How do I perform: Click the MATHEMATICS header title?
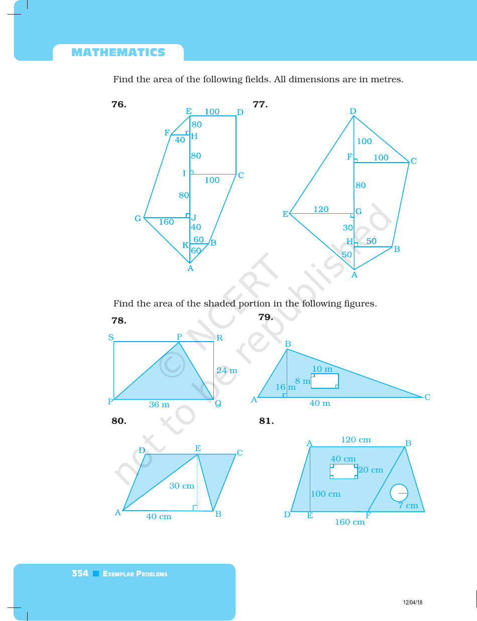click(118, 53)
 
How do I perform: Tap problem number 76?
click(118, 105)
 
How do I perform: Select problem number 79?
click(265, 317)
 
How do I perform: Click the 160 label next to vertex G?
click(166, 222)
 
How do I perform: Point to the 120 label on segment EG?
click(321, 210)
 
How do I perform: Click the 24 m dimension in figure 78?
click(226, 371)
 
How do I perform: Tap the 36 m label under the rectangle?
click(159, 405)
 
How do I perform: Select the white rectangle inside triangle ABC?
click(324, 381)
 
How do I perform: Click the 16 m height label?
click(285, 387)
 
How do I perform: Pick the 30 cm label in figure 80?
click(181, 486)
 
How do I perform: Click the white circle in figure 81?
click(399, 493)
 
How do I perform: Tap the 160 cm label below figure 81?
click(349, 522)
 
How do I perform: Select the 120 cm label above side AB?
click(355, 440)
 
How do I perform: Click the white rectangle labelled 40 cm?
click(344, 472)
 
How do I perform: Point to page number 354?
click(80, 573)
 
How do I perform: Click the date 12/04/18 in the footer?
click(413, 602)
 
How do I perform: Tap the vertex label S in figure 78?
click(111, 338)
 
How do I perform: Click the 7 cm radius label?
click(408, 506)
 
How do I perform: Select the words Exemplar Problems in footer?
click(135, 574)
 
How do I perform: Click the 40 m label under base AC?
click(319, 403)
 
